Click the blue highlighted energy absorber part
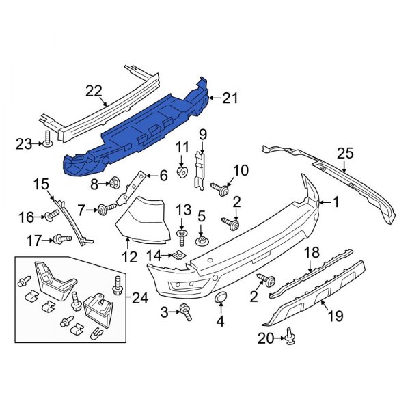136,131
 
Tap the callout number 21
230,98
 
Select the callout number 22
94,92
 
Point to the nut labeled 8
115,182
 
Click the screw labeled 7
107,208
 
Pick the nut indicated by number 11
182,172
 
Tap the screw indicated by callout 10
221,189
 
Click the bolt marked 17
62,238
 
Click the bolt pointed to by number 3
185,312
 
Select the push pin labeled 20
290,336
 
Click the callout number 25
345,154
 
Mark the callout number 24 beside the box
140,298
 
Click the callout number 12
129,257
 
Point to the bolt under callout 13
182,237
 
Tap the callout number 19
336,316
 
